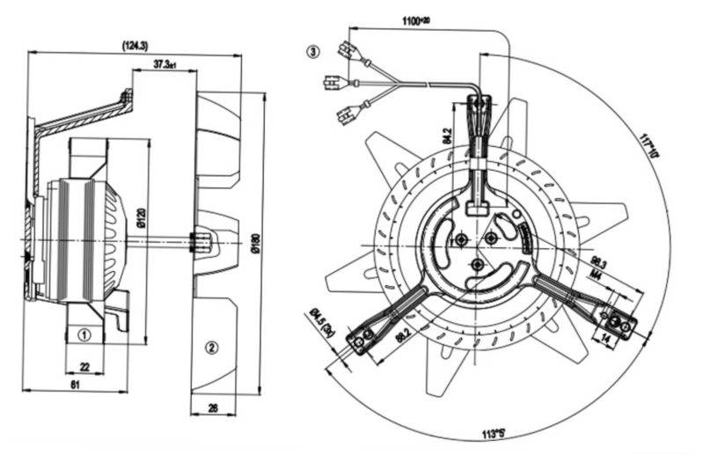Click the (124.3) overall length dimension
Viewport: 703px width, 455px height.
pos(135,44)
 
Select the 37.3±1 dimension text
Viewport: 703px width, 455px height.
pos(165,64)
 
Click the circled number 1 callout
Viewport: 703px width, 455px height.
pos(84,334)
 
